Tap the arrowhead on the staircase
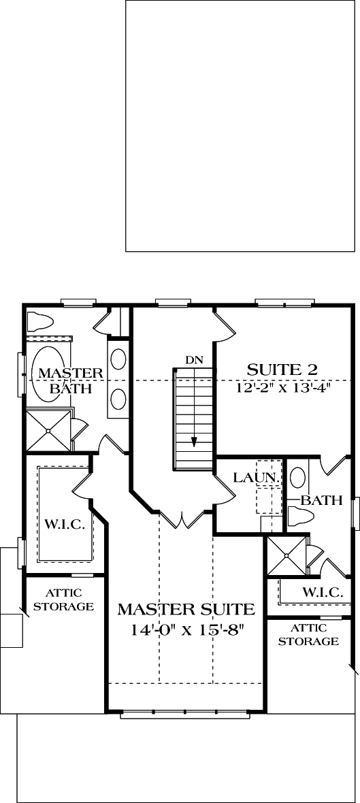194,442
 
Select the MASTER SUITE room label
186,610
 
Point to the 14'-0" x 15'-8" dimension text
186,629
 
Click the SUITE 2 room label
282,370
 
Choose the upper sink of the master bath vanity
118,360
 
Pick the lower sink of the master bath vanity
118,399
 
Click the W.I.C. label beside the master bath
65,525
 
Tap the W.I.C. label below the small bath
322,592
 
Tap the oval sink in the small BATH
297,478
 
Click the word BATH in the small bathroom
321,500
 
